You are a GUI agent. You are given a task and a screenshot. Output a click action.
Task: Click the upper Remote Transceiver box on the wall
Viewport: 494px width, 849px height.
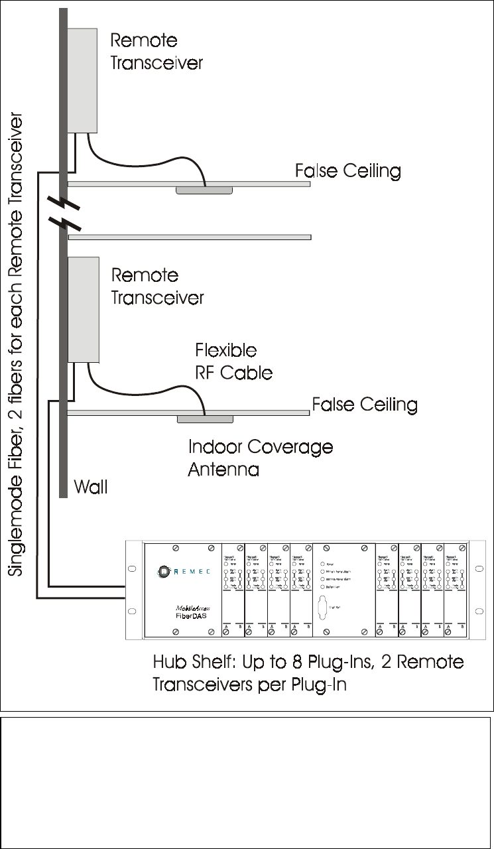tap(83, 79)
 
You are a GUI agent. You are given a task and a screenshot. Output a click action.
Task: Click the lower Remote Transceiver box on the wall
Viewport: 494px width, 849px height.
tap(83, 308)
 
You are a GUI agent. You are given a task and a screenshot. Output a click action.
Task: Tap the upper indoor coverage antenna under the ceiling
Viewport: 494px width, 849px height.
tap(204, 190)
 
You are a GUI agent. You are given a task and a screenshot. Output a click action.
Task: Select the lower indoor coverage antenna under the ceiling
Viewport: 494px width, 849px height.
tap(205, 419)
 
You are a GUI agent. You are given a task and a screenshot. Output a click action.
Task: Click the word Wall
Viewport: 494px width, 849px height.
tap(90, 488)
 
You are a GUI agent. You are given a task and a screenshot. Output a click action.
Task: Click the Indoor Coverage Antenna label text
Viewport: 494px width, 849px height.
tap(260, 458)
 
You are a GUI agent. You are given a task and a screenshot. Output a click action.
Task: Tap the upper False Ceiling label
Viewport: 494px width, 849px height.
tap(348, 171)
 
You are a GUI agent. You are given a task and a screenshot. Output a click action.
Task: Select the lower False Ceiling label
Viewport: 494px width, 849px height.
tap(365, 404)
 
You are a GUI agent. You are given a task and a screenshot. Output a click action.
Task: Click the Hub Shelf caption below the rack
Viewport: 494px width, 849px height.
tap(308, 672)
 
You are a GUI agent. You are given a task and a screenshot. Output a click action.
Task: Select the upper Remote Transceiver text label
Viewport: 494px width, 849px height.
tap(156, 51)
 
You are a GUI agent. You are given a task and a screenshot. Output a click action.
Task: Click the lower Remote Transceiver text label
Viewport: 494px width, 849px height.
tap(157, 286)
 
